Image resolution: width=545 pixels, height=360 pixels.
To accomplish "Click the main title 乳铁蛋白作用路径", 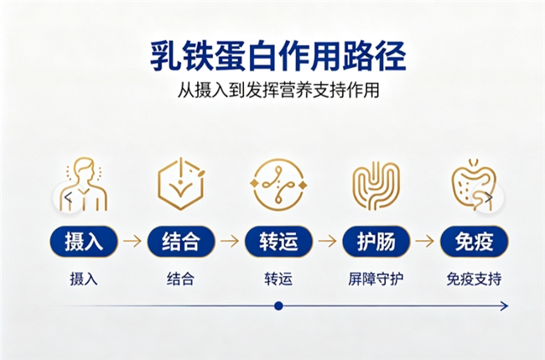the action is (x=278, y=56).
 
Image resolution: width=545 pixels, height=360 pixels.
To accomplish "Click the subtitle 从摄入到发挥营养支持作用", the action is (x=278, y=90).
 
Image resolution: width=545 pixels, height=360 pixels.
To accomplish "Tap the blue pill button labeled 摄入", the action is (x=84, y=241).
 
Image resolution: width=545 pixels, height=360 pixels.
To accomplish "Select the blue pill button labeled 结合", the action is (x=181, y=241).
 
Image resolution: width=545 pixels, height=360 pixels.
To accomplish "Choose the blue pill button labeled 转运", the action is (x=278, y=241).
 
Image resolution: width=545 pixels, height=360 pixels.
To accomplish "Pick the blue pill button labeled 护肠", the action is (x=376, y=241).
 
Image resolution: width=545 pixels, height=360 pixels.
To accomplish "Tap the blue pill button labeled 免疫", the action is (x=474, y=241).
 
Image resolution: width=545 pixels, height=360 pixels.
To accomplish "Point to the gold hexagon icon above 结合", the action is (x=181, y=184).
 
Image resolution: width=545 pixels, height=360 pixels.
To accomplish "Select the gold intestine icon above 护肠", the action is (x=376, y=185).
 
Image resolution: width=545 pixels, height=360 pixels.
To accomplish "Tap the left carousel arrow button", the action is (x=69, y=197).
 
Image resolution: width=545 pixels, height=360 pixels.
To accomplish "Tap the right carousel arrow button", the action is (x=489, y=197).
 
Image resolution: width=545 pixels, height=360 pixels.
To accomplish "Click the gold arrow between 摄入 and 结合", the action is (x=132, y=241).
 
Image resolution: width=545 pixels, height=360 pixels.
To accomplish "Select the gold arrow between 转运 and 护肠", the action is (x=327, y=241).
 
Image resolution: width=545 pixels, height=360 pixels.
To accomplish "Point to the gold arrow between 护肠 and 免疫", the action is (x=425, y=241).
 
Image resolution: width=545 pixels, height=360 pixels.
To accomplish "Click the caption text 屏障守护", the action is (x=376, y=279).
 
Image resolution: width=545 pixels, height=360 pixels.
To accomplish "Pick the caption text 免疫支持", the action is (x=474, y=279).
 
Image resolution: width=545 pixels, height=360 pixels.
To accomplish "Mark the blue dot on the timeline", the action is (x=278, y=306).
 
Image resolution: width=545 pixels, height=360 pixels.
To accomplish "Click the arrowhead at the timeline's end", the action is (x=504, y=306).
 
